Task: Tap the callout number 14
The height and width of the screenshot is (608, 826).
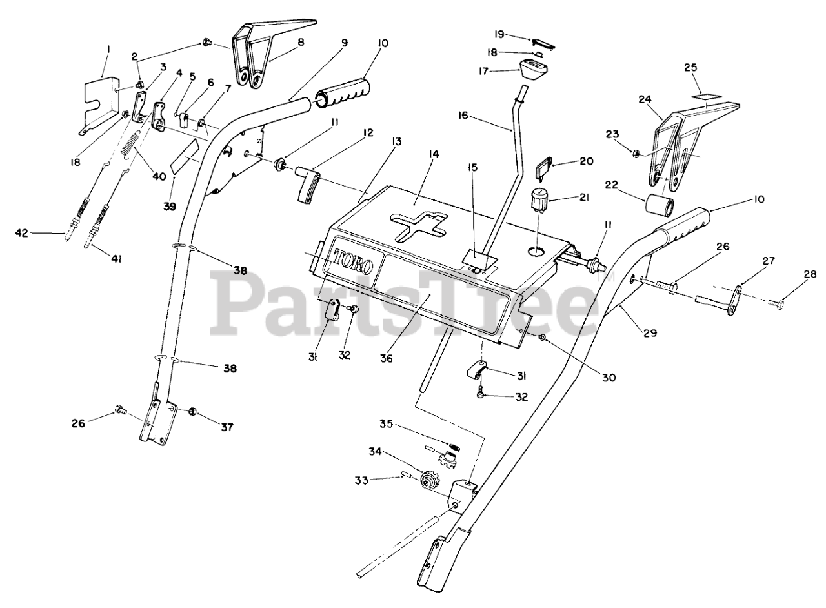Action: (433, 154)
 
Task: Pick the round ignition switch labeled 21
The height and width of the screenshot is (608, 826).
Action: (539, 199)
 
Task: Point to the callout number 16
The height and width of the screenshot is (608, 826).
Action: (481, 116)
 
